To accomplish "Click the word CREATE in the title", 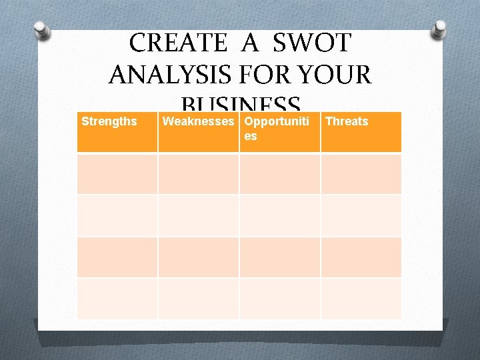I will point(177,43).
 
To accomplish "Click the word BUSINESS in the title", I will point(240,105).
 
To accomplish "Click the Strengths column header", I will point(109,121).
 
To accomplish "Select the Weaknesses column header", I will point(199,121).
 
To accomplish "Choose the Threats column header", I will point(347,121).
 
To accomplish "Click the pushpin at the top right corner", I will point(440,29).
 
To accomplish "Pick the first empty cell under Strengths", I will point(117,173).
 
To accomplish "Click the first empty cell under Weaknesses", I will point(198,173).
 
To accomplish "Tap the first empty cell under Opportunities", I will point(279,173).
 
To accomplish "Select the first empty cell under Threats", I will point(361,173).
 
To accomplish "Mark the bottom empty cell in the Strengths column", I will point(117,298).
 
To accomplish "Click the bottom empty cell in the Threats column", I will point(361,298).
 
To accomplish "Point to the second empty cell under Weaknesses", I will point(198,215).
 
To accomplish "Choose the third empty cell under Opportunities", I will point(279,257).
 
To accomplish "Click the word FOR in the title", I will point(270,74).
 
